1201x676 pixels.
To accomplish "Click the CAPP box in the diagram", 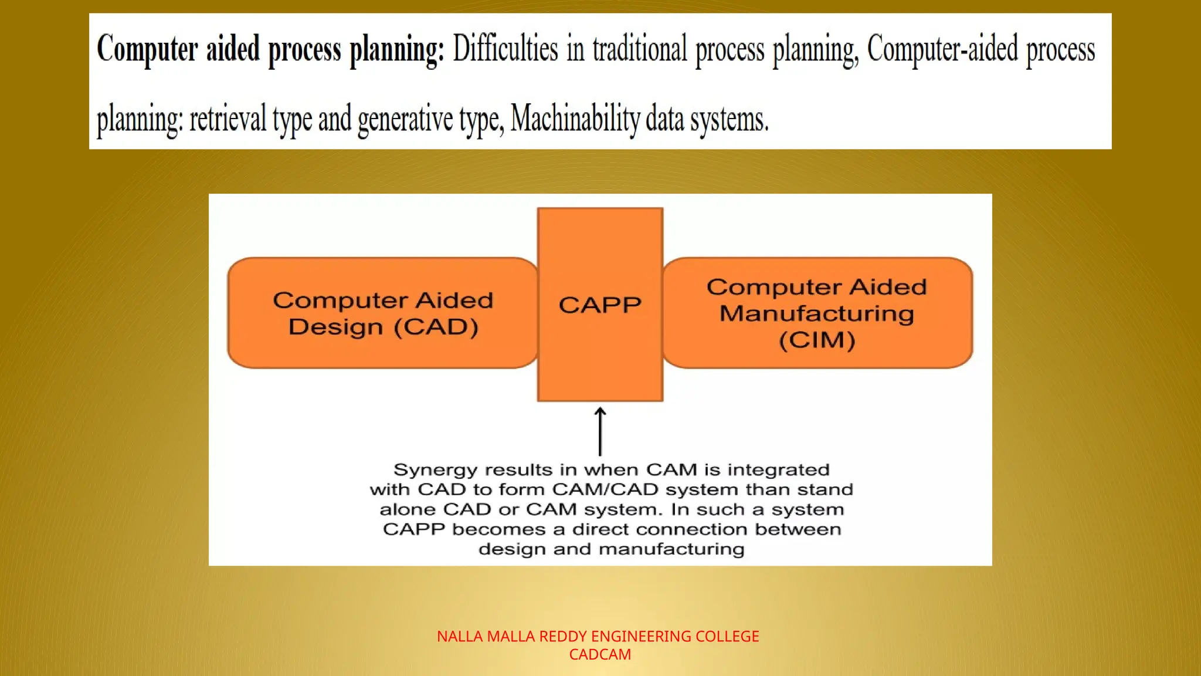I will (600, 305).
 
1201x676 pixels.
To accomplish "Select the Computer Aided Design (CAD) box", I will (382, 313).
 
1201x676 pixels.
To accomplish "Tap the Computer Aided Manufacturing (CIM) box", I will (817, 313).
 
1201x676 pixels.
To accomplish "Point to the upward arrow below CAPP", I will (600, 431).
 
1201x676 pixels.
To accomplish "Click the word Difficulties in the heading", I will (505, 49).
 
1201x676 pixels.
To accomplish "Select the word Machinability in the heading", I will (575, 119).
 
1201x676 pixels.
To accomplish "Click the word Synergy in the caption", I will (431, 470).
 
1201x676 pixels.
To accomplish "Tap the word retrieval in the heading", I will (228, 119).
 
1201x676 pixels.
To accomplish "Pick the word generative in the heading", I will (405, 119).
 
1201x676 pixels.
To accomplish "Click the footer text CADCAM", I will (600, 654).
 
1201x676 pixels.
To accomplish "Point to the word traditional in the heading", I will (639, 49).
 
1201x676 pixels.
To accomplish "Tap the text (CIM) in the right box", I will (817, 340).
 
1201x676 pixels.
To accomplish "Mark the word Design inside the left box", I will (335, 327).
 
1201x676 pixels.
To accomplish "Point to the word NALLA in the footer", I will (460, 636).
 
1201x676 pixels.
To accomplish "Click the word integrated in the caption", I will (778, 470).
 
